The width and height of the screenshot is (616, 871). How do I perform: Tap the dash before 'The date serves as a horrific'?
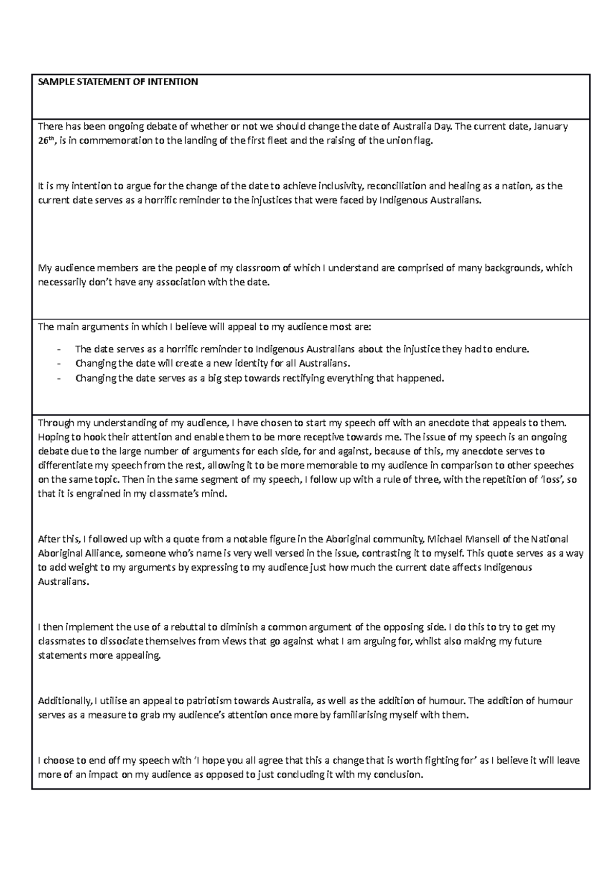(61, 350)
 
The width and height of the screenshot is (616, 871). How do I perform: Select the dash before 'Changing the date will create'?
(61, 364)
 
